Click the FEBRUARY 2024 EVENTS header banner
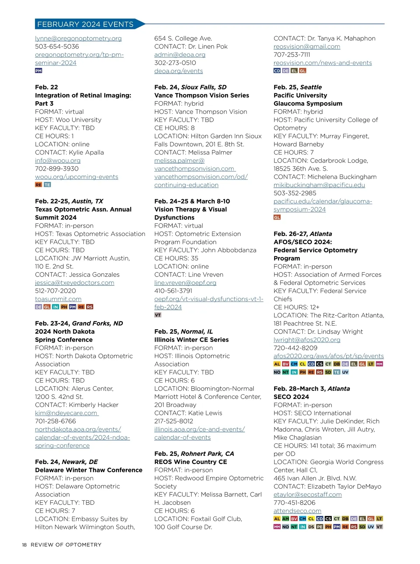tap(86, 24)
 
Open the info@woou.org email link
tap(58, 160)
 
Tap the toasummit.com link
tap(58, 299)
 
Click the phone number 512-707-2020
tap(55, 291)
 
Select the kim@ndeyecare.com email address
tap(66, 413)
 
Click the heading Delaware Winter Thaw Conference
tap(89, 470)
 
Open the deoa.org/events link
tap(178, 71)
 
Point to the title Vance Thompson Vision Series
tap(202, 95)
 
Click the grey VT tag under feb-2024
tap(158, 315)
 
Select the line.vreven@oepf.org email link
tap(185, 283)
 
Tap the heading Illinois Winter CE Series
tap(191, 340)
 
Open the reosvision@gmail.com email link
tap(307, 47)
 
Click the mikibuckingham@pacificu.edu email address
tap(319, 185)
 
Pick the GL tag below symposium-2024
tap(277, 217)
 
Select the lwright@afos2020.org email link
tap(307, 340)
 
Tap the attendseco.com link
tap(297, 511)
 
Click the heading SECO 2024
tap(291, 397)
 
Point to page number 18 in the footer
tap(24, 545)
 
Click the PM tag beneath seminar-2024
tap(38, 71)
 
